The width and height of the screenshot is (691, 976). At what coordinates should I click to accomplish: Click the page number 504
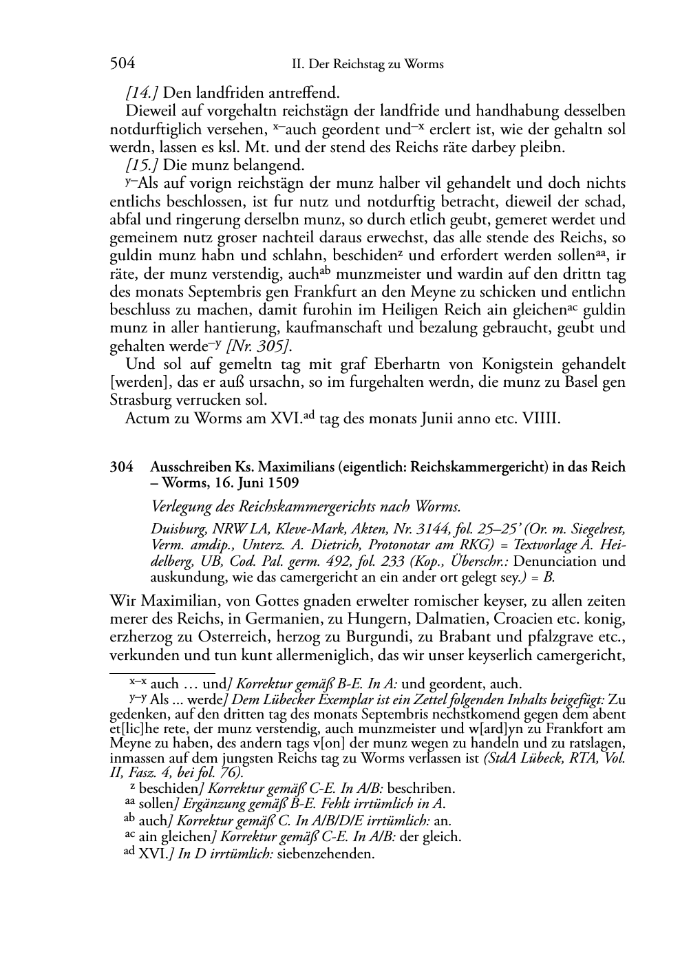[122, 64]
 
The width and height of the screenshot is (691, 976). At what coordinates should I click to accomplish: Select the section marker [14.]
[141, 92]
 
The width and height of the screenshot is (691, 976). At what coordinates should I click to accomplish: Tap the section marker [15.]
[141, 165]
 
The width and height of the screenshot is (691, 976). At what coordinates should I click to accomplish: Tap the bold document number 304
[121, 467]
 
